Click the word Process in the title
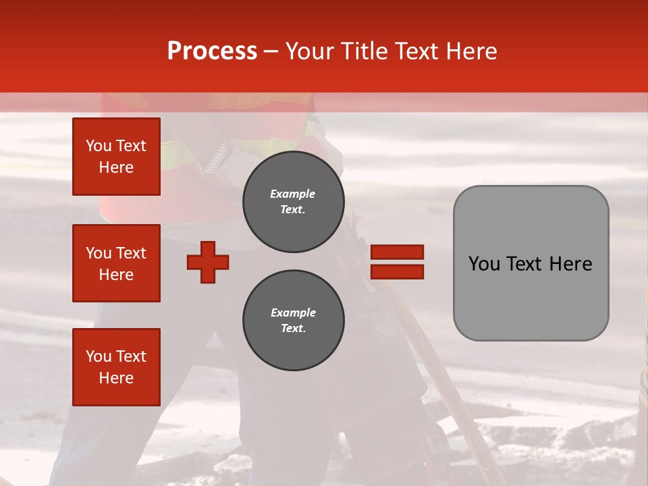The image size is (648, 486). tap(212, 51)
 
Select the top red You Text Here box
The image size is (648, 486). tap(116, 157)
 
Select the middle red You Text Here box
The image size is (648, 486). tap(116, 263)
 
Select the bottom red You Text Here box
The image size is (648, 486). tap(116, 367)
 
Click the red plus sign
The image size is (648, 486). tap(208, 262)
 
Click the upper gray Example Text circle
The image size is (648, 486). tap(294, 202)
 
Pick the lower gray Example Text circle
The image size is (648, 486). tap(294, 321)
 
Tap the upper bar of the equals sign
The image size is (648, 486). tap(397, 252)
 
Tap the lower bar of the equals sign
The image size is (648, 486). tap(397, 271)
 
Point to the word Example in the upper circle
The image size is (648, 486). tap(293, 194)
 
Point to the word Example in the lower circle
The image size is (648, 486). tap(293, 313)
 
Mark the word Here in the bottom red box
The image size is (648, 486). tap(116, 378)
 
